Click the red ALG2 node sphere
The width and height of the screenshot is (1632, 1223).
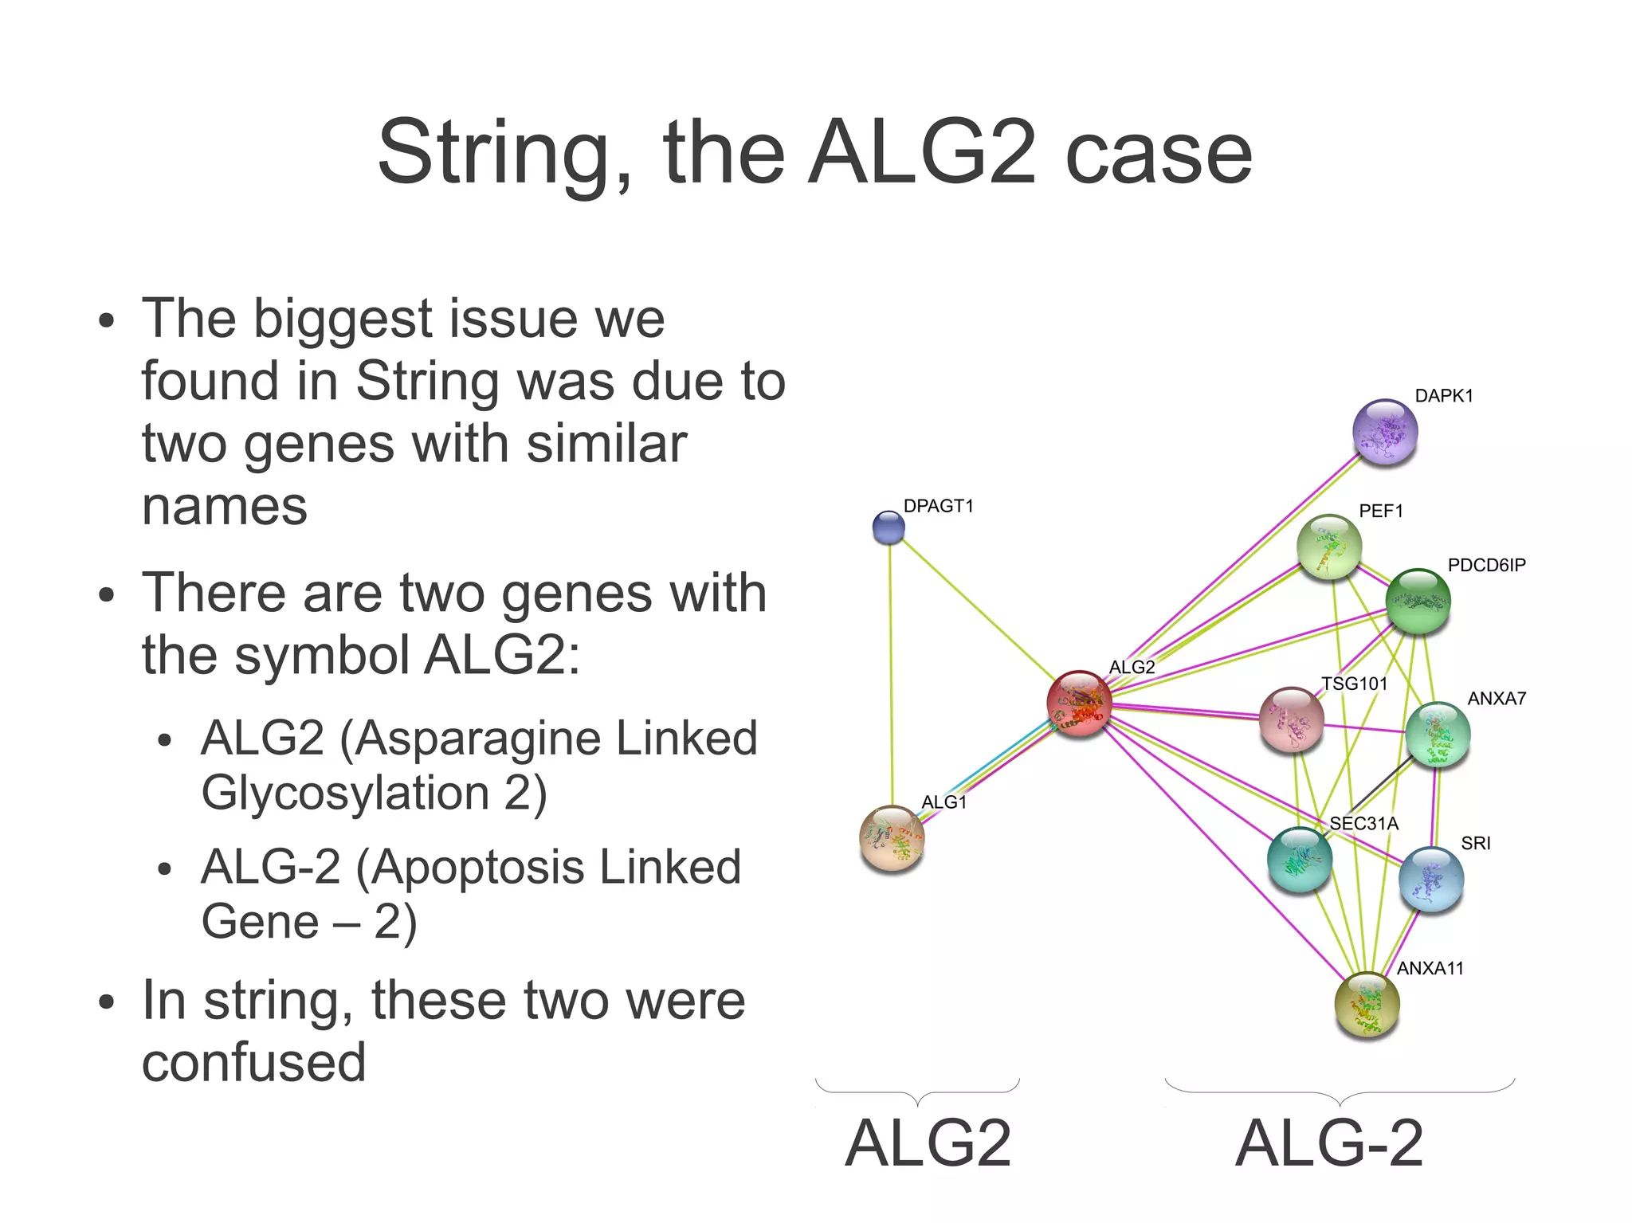click(1079, 703)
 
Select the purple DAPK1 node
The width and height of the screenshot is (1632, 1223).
click(1385, 432)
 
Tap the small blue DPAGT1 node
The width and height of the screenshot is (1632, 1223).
click(889, 527)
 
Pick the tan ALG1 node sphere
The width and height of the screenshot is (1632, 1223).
click(892, 837)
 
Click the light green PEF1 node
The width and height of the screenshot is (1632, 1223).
click(1328, 547)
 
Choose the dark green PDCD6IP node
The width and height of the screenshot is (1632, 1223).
click(1418, 601)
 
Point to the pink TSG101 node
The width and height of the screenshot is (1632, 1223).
click(1291, 719)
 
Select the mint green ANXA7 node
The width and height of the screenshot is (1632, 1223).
click(1437, 734)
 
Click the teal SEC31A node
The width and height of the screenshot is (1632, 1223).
click(1299, 859)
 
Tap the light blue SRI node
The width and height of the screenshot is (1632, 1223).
click(1430, 879)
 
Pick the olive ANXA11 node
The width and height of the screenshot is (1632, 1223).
click(1367, 1004)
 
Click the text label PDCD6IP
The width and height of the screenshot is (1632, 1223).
click(1486, 565)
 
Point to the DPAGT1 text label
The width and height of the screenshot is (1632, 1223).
click(938, 506)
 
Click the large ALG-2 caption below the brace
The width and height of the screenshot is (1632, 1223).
click(1328, 1143)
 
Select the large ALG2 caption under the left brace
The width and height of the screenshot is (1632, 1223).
click(928, 1143)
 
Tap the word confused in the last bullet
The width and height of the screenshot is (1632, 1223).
click(253, 1062)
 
